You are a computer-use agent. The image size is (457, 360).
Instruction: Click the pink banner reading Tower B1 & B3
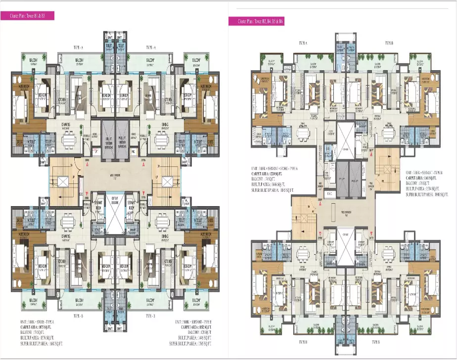tap(31, 16)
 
